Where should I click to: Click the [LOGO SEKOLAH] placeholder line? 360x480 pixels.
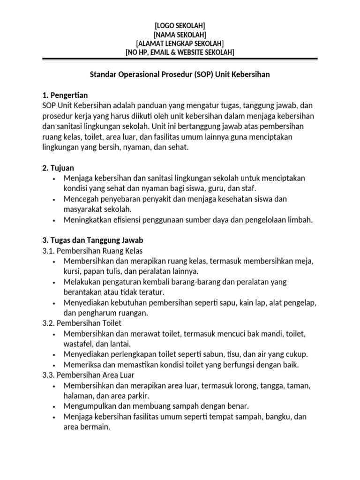click(180, 25)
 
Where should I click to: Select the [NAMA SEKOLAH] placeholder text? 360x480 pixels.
click(180, 34)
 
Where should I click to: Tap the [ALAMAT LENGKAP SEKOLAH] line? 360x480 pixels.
click(180, 43)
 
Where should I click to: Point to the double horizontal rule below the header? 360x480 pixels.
click(180, 59)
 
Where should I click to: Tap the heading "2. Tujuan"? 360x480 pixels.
click(58, 168)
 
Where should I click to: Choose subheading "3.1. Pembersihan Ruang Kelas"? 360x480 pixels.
click(92, 250)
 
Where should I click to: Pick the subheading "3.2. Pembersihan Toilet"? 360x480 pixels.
click(82, 323)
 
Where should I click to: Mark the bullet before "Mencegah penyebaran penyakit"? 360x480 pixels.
click(55, 199)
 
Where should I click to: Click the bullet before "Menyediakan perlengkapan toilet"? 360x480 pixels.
click(55, 354)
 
